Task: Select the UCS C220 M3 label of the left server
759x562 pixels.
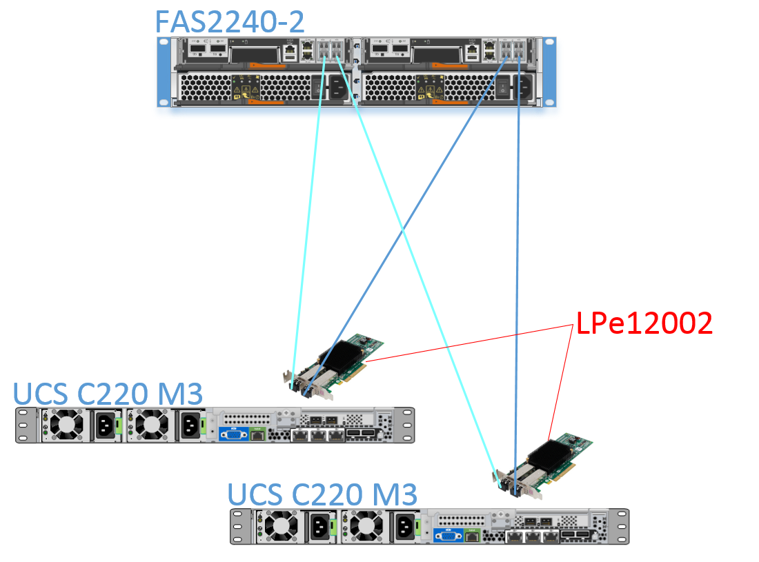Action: pos(108,394)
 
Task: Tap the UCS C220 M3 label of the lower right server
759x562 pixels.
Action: pos(323,494)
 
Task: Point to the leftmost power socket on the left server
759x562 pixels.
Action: pos(104,425)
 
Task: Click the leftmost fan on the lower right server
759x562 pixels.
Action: pos(282,527)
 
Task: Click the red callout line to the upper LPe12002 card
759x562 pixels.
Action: pos(469,343)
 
